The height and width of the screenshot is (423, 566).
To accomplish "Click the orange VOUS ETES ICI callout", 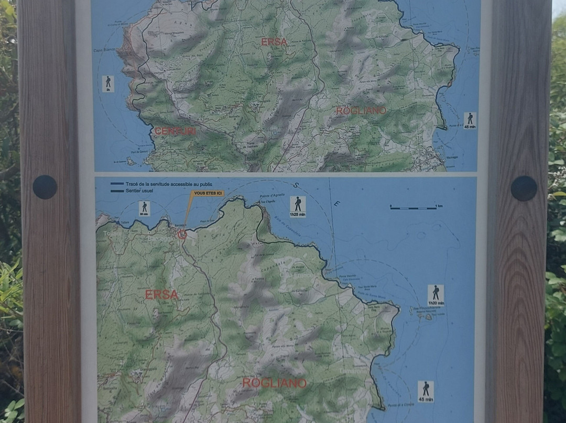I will click(x=209, y=193).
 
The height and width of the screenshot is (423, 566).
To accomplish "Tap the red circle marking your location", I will click(x=182, y=235).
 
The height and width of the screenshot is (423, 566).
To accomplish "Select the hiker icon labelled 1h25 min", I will click(x=298, y=206).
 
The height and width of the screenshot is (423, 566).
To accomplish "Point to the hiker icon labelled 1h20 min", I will click(x=436, y=295).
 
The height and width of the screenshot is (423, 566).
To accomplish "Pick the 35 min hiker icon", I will click(x=144, y=208).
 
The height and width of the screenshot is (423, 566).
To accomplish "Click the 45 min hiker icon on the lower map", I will click(x=426, y=391).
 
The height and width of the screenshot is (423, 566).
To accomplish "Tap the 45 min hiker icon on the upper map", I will click(x=470, y=120).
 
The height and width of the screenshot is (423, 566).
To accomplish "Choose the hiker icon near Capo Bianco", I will click(x=108, y=84).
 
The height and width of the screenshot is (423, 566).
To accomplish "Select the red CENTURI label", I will click(x=175, y=131).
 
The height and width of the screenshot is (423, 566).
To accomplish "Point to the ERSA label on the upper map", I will click(x=274, y=42).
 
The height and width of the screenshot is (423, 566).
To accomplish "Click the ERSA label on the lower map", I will click(x=161, y=295).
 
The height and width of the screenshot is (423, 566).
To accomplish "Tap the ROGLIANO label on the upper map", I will click(x=361, y=111).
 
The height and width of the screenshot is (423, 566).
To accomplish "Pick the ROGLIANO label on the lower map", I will click(x=274, y=383).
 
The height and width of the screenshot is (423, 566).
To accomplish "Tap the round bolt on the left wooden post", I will click(x=45, y=187).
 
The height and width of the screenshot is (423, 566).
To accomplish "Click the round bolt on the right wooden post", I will click(x=524, y=188).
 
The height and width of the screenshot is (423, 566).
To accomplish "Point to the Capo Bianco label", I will click(x=104, y=50).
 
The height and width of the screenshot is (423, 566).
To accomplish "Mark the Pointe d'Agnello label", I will click(x=271, y=196).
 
